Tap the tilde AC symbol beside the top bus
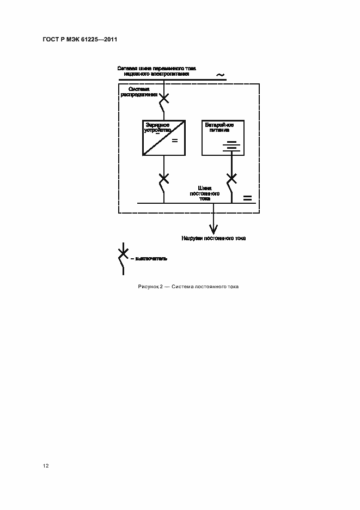pos(220,75)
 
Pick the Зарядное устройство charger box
pos(164,138)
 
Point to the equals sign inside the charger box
pos(175,141)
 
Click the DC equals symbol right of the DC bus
pos(247,197)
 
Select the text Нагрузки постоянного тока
pos(213,238)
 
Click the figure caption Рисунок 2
pos(150,287)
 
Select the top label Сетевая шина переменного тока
pos(157,68)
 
